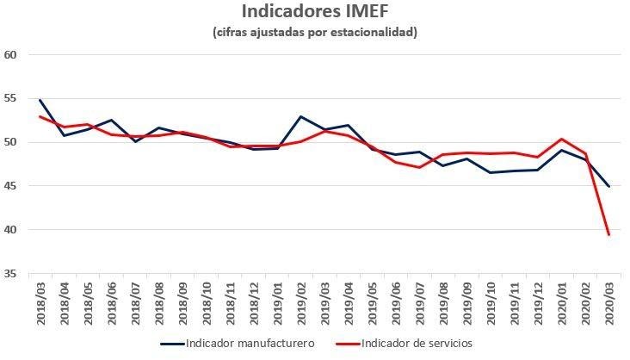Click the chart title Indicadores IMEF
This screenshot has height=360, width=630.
315,12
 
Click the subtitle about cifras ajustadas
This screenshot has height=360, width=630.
315,33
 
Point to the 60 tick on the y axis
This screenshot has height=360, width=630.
12,54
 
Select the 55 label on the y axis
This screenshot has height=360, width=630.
12,98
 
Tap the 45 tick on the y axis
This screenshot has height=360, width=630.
12,186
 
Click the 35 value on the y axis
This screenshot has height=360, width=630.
12,274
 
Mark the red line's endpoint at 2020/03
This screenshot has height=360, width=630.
608,234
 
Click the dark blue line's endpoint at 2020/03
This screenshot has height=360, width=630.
608,186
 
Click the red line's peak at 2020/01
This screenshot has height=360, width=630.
561,139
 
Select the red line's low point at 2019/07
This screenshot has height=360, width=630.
419,167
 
